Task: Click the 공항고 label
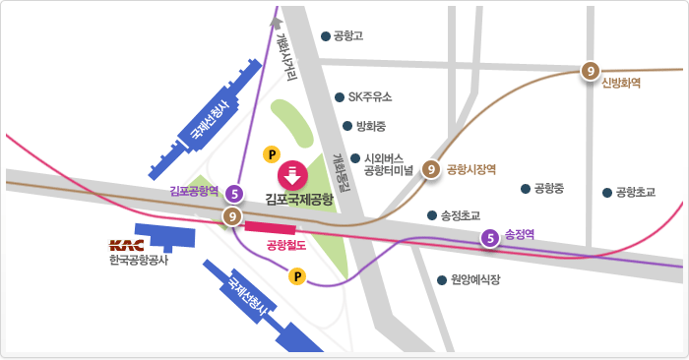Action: click(349, 37)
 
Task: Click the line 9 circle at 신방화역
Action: click(589, 70)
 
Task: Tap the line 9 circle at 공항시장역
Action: click(430, 169)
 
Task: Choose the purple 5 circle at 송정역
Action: click(489, 236)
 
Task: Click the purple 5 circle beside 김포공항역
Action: click(234, 193)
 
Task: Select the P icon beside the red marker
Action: click(273, 154)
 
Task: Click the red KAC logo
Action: click(127, 245)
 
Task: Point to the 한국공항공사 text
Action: click(139, 261)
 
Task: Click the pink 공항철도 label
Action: click(286, 246)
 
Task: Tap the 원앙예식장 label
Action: click(475, 280)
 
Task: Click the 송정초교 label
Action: click(460, 214)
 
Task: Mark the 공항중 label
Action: click(548, 188)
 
